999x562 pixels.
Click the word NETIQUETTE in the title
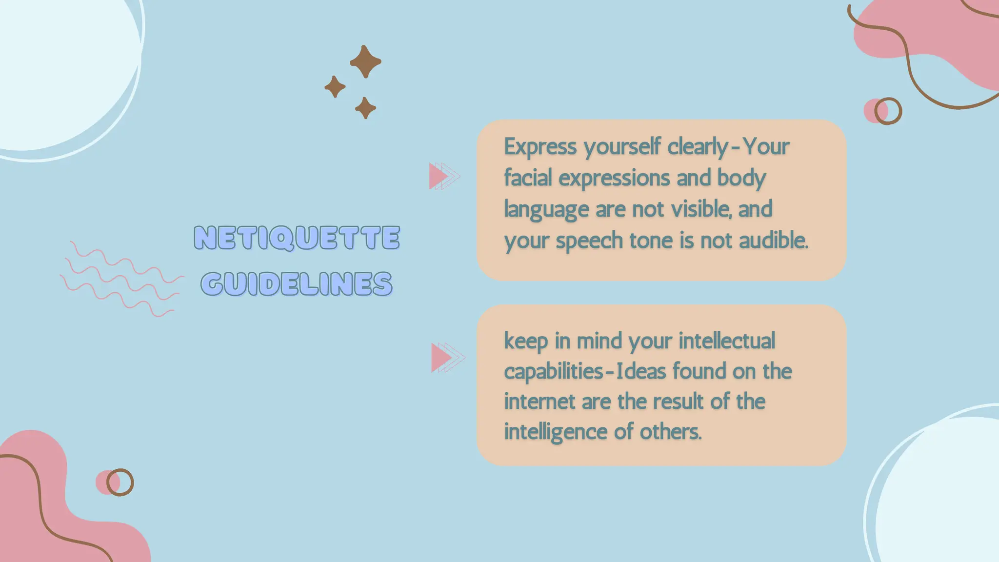coord(297,238)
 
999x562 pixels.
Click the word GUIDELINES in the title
coord(297,284)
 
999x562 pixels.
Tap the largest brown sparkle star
coord(365,61)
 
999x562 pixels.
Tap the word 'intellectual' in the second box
coord(726,340)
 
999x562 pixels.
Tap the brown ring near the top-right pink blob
coord(888,111)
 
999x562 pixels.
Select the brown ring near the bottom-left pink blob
coord(120,482)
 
